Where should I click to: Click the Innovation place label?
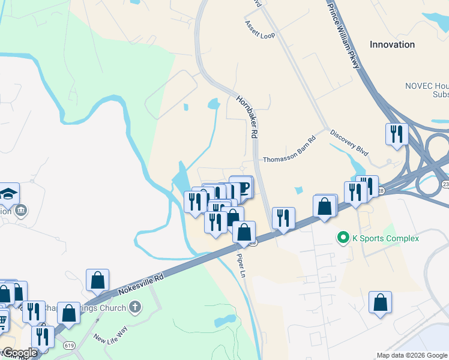click(x=392, y=44)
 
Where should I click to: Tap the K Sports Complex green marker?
click(x=343, y=238)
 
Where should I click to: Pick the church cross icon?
click(x=135, y=308)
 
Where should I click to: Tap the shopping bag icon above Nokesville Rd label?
click(x=97, y=280)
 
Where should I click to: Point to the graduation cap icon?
click(x=9, y=193)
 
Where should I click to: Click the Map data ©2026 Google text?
click(x=411, y=355)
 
